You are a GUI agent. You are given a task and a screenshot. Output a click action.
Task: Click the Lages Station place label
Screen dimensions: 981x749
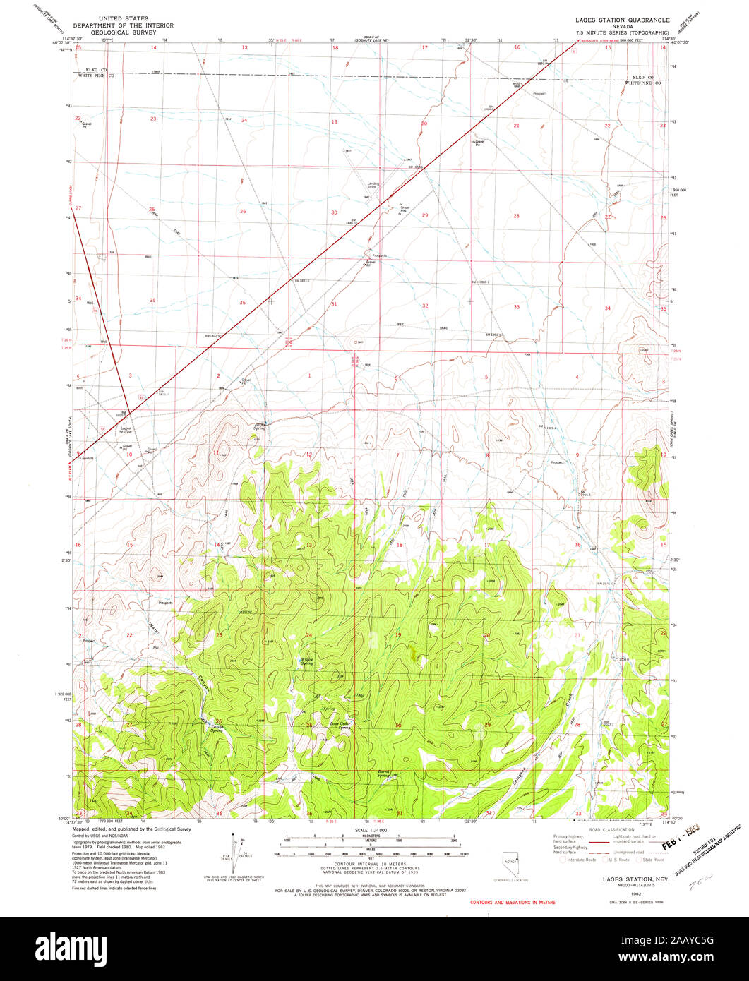126,429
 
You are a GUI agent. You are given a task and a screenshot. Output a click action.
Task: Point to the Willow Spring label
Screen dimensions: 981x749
306,662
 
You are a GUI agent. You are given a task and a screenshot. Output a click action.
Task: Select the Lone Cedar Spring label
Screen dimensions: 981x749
340,725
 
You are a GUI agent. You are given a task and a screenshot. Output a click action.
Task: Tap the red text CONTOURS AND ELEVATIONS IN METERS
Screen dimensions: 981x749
512,902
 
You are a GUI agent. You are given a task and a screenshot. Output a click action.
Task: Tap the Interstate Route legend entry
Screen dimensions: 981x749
578,860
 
